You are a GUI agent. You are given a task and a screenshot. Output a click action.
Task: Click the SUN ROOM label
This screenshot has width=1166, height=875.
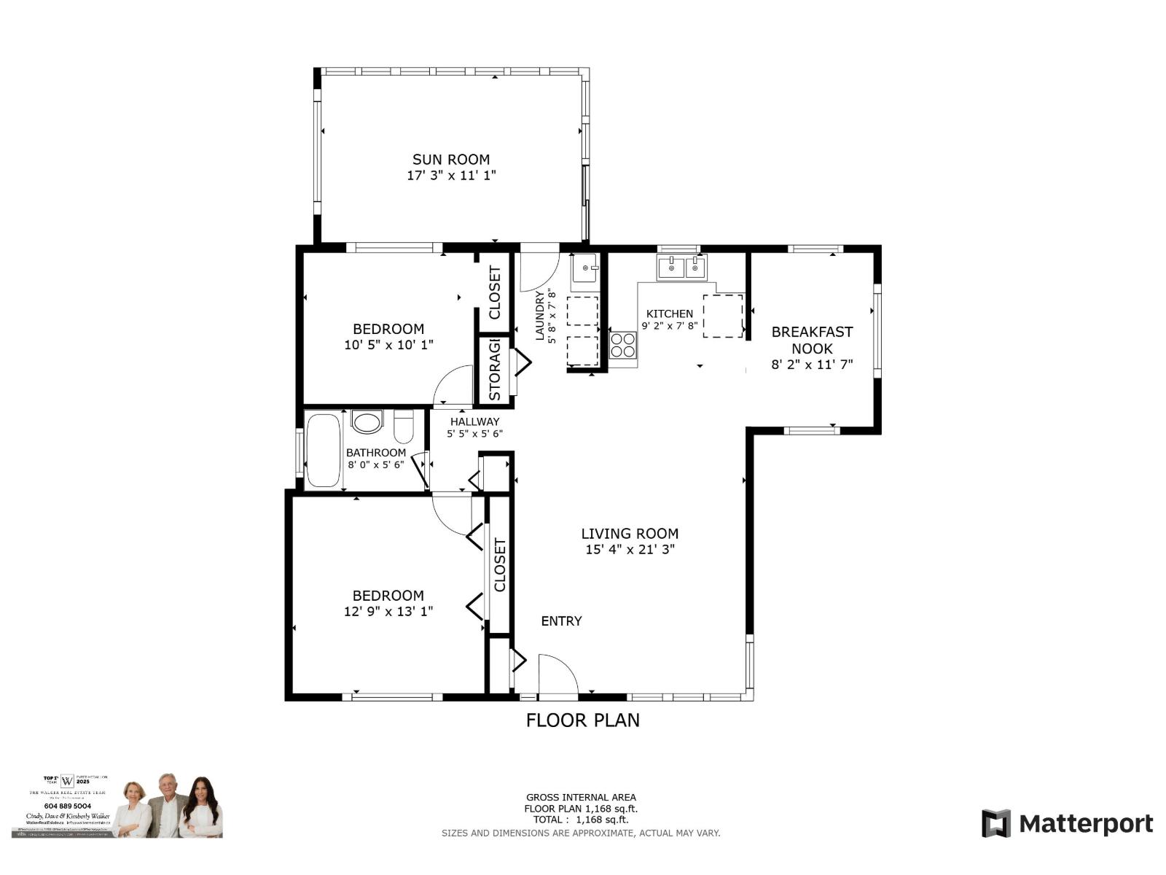coord(451,160)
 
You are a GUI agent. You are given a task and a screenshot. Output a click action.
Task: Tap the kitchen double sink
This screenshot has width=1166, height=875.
coord(682,268)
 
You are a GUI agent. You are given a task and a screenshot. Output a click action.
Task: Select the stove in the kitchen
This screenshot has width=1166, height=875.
coord(622,345)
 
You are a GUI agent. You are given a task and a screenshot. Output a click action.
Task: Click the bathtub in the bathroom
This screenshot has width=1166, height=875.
coord(323,450)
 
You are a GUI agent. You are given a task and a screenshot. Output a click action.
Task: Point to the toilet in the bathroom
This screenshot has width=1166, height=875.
coord(404,427)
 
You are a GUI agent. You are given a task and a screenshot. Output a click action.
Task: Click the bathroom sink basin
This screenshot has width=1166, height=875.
coord(367,421)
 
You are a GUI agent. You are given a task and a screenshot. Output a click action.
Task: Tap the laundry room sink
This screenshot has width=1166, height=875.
coord(584,268)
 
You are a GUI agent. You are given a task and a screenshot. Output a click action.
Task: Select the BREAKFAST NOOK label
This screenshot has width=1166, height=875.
coord(812,340)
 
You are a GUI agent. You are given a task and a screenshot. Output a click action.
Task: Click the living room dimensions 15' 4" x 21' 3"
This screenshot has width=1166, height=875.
coord(630,550)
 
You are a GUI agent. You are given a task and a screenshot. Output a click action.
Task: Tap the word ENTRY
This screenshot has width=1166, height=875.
coord(561,621)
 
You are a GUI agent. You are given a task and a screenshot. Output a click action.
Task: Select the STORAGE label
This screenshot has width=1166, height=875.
coord(495,370)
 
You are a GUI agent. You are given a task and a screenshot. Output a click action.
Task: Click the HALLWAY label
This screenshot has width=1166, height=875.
coord(474,421)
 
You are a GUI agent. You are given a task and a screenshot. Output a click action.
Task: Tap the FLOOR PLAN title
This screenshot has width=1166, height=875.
coord(583,720)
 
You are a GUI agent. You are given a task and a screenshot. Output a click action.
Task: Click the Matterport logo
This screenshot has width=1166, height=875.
coord(1067,824)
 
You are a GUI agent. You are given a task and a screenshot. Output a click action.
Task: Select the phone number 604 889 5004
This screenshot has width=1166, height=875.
coord(66,806)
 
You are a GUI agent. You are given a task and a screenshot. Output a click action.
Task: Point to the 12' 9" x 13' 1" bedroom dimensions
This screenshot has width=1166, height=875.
coord(388,612)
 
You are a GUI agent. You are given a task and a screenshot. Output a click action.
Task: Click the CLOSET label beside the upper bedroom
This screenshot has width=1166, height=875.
coord(495,293)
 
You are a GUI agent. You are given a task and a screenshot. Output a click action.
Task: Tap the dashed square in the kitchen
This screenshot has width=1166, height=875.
coord(722,316)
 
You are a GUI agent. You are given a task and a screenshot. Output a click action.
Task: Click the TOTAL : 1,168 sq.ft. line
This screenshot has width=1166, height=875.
coord(581,820)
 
